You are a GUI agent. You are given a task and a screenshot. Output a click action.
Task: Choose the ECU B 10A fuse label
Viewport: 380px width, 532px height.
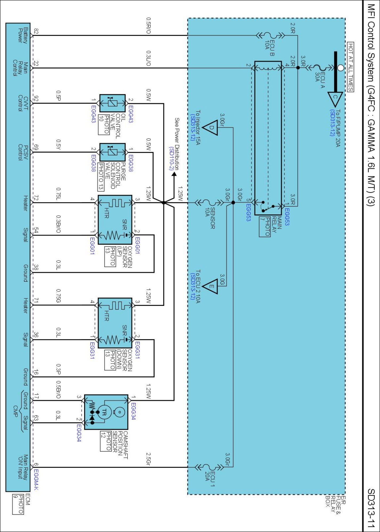pos(270,48)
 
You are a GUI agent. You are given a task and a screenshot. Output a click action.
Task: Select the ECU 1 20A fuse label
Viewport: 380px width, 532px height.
pos(210,479)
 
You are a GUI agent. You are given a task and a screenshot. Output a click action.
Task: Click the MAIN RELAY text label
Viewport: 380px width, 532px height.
pos(277,225)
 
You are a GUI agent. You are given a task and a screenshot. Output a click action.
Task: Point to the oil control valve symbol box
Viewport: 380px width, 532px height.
pos(112,103)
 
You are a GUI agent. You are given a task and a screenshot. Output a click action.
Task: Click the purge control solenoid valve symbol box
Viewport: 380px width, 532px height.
pos(112,152)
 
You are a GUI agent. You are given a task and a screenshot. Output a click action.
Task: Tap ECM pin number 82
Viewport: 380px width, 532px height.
pos(36,31)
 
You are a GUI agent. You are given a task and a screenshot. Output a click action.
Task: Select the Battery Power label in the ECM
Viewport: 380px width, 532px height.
pos(23,35)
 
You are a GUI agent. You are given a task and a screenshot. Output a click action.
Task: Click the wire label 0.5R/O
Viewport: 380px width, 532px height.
pos(148,26)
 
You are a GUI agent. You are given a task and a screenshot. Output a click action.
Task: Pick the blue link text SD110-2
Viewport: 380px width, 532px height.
pos(171,159)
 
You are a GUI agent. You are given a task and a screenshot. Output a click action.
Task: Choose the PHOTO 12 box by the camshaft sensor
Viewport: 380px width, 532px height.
pos(106,441)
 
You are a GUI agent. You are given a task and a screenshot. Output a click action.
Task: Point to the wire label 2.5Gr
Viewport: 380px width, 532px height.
pos(148,459)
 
